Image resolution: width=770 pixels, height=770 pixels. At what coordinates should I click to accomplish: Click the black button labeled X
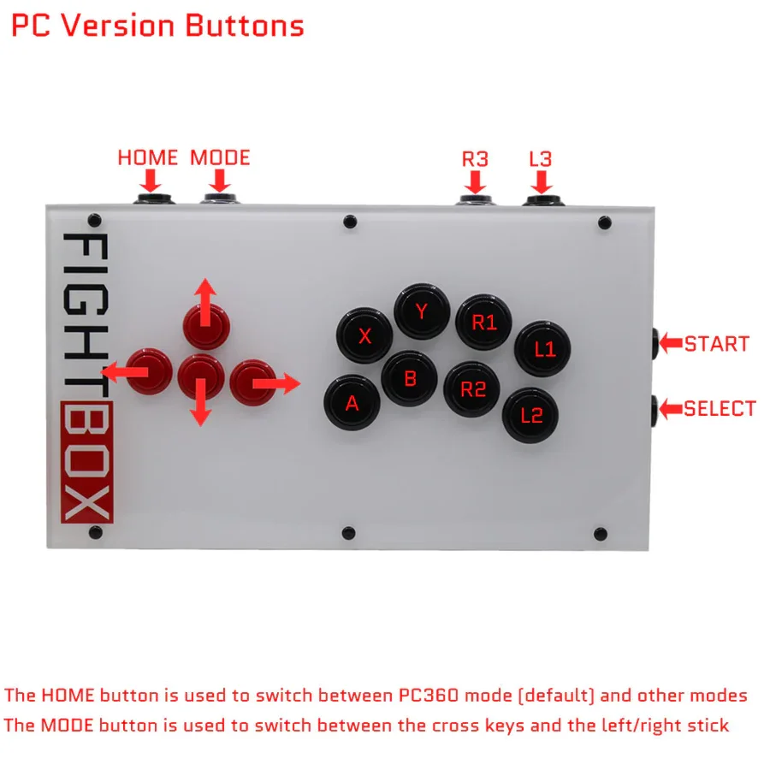365,336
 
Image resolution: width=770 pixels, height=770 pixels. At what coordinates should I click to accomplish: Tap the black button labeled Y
422,313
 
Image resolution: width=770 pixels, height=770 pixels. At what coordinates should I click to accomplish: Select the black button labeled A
352,404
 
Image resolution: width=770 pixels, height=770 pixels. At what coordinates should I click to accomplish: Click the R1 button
483,323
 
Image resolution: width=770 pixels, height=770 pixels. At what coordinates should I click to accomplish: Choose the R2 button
473,389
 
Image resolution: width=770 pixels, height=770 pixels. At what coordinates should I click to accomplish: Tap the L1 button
544,348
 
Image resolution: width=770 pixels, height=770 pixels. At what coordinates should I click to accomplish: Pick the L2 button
532,416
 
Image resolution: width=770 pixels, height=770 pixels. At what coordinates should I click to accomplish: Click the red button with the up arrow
206,322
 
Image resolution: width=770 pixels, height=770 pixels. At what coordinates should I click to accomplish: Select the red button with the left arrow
150,371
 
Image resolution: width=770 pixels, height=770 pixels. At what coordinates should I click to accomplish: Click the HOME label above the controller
148,158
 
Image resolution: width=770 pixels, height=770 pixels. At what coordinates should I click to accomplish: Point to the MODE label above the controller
220,158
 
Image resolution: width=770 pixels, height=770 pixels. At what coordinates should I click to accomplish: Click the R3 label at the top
475,159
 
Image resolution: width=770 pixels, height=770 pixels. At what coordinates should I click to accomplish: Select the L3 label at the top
540,159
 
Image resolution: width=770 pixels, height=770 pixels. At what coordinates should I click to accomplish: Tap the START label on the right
716,344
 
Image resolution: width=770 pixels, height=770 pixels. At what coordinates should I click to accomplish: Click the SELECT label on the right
720,409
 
